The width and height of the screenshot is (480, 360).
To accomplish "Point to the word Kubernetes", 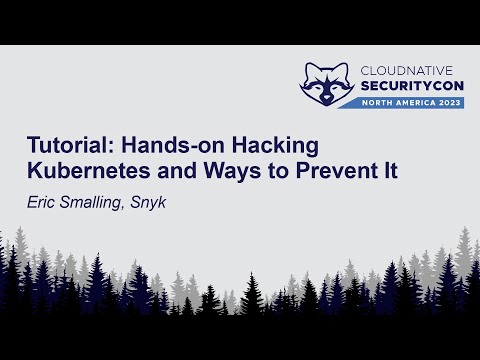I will [89, 169].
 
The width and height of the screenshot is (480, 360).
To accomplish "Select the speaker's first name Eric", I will [43, 199].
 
